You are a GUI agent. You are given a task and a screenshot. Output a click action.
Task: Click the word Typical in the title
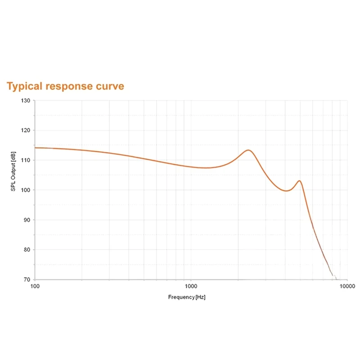[x=25, y=86]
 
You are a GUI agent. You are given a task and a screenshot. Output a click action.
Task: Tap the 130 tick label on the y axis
[x=25, y=100]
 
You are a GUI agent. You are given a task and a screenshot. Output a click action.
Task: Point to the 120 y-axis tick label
[x=25, y=130]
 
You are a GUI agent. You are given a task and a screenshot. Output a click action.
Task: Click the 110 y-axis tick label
[x=25, y=160]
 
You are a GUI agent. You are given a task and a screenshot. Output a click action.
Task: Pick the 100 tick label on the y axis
[x=25, y=190]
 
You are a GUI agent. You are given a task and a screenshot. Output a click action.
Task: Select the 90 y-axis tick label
[x=27, y=220]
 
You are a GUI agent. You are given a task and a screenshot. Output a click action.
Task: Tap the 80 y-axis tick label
[x=27, y=250]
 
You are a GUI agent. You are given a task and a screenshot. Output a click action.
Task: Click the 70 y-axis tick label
[x=27, y=279]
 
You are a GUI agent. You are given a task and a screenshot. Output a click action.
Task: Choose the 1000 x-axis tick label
[x=191, y=286]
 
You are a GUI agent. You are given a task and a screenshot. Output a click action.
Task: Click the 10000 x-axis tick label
[x=346, y=286]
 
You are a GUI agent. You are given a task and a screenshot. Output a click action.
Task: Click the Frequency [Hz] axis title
[x=186, y=297]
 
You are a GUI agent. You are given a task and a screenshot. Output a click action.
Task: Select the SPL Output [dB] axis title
[x=13, y=171]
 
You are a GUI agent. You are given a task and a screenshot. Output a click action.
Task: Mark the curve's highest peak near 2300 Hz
[x=248, y=150]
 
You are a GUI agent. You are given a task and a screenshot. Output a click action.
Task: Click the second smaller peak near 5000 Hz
[x=299, y=181]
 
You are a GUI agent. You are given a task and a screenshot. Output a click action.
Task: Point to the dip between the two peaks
[x=286, y=191]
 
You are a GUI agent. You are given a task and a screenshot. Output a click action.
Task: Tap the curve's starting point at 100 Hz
[x=36, y=148]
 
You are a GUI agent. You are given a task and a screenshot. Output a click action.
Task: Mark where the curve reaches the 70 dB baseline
[x=335, y=279]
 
